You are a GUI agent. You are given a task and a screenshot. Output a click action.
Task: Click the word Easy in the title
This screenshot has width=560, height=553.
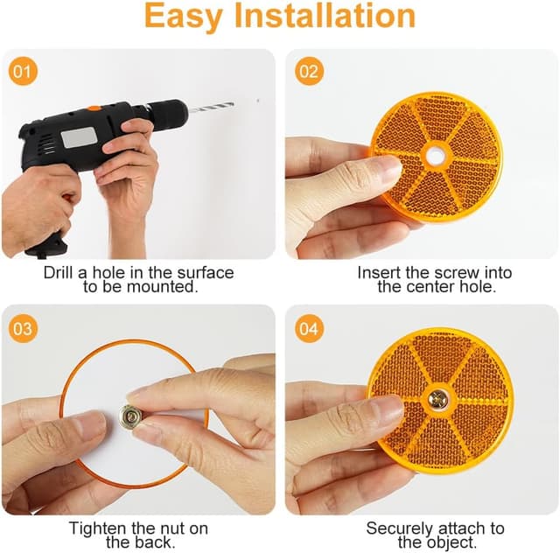[x=183, y=17]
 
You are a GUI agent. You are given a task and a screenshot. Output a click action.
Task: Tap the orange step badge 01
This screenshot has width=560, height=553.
[x=23, y=71]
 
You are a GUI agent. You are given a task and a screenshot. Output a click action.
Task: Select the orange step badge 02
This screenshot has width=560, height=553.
[x=309, y=71]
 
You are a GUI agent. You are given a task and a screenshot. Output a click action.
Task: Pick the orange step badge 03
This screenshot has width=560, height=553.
[x=23, y=329]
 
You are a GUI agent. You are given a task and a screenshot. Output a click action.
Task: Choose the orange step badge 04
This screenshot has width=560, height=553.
[x=309, y=329]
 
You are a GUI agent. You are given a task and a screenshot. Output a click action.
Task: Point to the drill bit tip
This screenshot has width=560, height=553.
[x=233, y=104]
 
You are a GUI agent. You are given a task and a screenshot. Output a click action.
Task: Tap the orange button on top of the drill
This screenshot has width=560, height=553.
[x=94, y=108]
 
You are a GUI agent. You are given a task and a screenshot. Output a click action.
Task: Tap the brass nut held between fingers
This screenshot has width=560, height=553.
[x=129, y=416]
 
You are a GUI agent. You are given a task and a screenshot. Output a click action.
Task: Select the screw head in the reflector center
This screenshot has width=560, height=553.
[x=438, y=399]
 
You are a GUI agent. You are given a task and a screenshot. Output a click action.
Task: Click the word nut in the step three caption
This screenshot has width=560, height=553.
[x=172, y=528]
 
